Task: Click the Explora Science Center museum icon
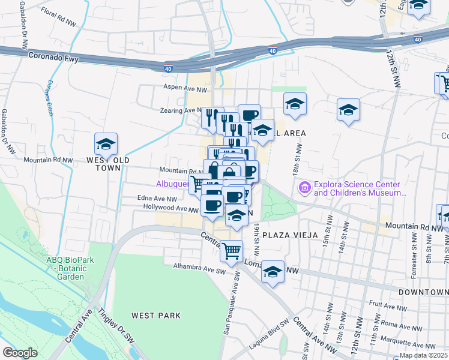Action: [305, 188]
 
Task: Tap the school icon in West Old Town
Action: [106, 145]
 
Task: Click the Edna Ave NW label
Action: [157, 198]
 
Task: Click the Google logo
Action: [20, 353]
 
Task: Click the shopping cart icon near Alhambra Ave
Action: [231, 251]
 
